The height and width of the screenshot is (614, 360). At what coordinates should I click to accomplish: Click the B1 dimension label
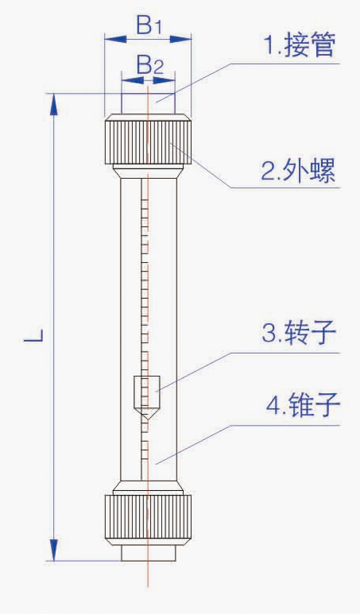(x=149, y=26)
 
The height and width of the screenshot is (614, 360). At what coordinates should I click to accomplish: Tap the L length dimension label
(x=33, y=335)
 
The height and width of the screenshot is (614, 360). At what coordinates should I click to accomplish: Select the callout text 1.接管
(x=300, y=45)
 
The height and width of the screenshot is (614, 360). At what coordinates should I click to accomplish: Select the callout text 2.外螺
(x=299, y=171)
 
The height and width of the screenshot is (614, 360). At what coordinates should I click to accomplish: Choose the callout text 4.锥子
(x=303, y=405)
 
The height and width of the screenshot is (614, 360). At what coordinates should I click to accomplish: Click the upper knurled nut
(x=148, y=140)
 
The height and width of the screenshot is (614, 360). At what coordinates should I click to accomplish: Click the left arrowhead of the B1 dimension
(x=115, y=39)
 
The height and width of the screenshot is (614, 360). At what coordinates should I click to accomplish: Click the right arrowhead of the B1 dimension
(x=180, y=39)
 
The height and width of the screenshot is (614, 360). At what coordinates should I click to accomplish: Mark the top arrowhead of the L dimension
(x=54, y=104)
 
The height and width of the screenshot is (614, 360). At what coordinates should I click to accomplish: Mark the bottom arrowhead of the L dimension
(x=54, y=550)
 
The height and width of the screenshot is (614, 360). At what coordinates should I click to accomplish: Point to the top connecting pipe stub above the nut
(x=148, y=104)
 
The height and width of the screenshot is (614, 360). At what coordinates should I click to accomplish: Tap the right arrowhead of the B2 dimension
(x=164, y=80)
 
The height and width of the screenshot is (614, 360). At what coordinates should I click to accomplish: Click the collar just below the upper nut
(x=148, y=172)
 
